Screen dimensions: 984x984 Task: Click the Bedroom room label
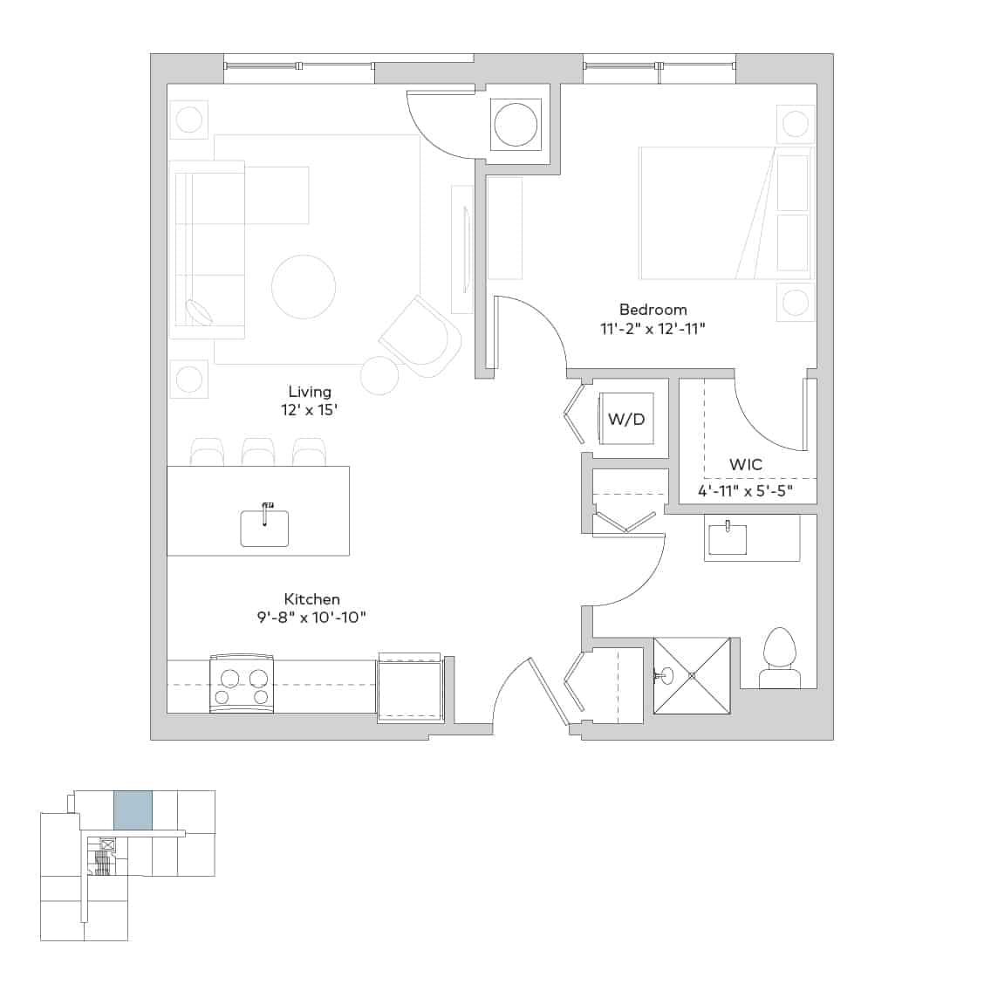[x=653, y=310]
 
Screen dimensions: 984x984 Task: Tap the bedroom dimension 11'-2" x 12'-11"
[x=653, y=329]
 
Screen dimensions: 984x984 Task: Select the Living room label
[x=310, y=392]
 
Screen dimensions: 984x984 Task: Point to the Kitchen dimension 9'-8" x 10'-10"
[x=311, y=618]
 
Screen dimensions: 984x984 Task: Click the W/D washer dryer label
[x=625, y=419]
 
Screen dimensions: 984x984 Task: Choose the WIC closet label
[x=745, y=464]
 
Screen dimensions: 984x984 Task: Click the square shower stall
[x=692, y=676]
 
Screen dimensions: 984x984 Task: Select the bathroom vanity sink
[x=727, y=538]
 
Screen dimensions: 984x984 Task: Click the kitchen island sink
[x=264, y=527]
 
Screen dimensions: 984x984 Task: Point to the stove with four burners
[x=243, y=685]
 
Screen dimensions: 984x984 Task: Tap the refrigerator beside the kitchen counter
[x=410, y=688]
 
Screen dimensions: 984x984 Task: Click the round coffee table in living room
[x=304, y=287]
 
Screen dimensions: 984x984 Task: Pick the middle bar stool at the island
[x=258, y=452]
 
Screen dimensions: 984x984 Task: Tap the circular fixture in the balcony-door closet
[x=516, y=125]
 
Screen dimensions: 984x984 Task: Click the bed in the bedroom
[x=724, y=213]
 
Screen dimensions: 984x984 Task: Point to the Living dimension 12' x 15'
[x=310, y=409]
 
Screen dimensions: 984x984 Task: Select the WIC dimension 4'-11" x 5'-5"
[x=745, y=490]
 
